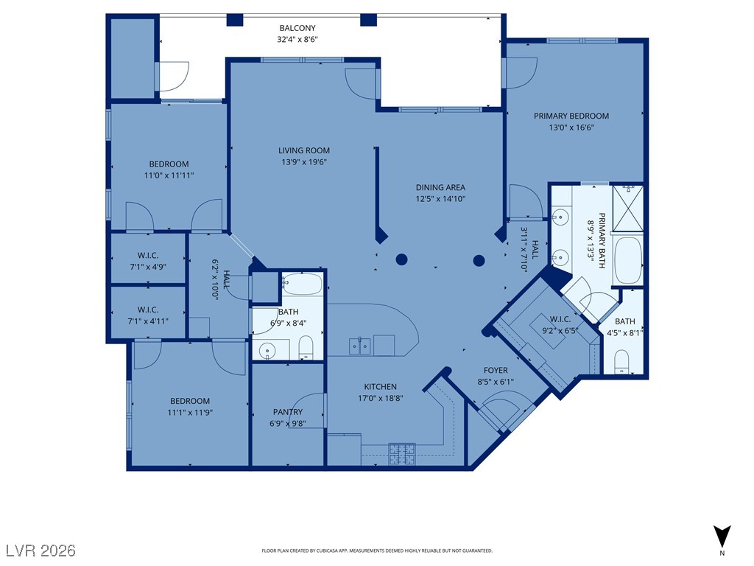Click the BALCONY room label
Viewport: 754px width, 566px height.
click(x=297, y=29)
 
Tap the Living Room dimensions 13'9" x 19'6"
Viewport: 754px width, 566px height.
click(x=304, y=162)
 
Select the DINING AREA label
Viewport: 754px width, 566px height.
click(x=440, y=187)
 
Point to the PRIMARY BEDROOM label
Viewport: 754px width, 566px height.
click(x=571, y=116)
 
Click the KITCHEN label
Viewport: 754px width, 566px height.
click(x=381, y=386)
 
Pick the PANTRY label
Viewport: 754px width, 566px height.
click(x=288, y=412)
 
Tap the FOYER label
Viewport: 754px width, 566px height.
click(x=496, y=370)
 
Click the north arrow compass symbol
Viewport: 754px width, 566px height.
click(x=722, y=537)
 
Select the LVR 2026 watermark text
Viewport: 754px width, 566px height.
click(x=41, y=550)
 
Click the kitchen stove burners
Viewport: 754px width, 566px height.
click(x=402, y=454)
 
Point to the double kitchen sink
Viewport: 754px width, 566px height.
click(x=359, y=346)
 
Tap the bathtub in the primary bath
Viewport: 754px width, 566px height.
click(x=628, y=260)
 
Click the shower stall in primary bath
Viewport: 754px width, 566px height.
click(x=628, y=207)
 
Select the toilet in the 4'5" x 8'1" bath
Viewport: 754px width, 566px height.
click(x=623, y=361)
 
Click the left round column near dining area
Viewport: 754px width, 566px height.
click(x=401, y=260)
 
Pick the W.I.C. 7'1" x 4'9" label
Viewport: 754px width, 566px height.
click(x=148, y=261)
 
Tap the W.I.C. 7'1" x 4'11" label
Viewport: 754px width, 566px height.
click(x=148, y=315)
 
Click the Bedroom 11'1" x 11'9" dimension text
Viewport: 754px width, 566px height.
click(x=190, y=413)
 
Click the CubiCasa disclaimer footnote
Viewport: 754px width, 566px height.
click(x=377, y=551)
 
